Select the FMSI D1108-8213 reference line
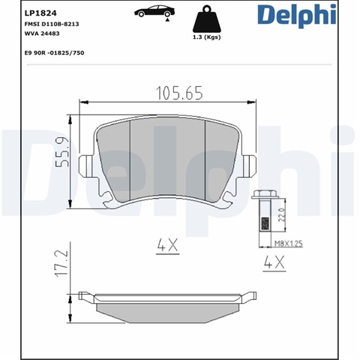pos(52,24)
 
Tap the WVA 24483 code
pos(42,34)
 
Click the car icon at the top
pos(154,12)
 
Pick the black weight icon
pos(207,19)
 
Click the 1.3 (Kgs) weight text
pos(207,37)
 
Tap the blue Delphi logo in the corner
pos(297,16)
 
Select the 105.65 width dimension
pos(179,93)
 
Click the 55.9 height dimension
pos(61,152)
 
